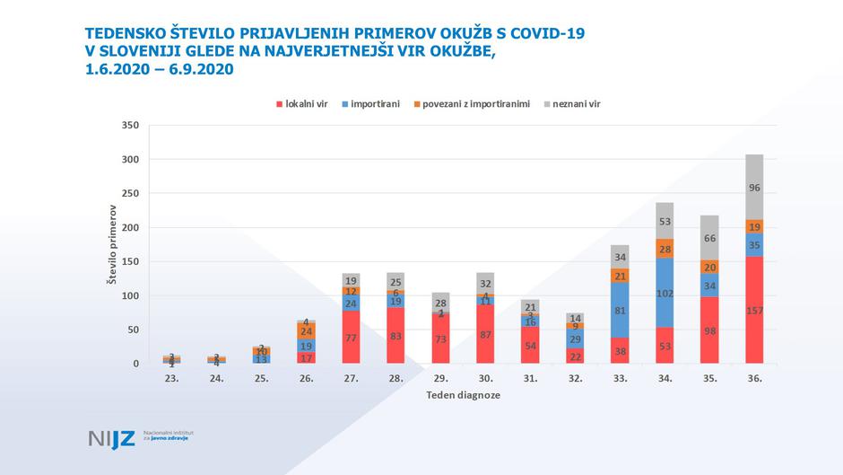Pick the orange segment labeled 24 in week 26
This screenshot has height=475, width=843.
coord(306,331)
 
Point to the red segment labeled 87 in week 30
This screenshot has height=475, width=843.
coord(484,334)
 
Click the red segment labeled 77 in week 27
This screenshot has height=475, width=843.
coord(351,338)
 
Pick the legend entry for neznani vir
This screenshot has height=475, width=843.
coord(571,104)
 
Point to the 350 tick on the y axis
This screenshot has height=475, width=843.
coord(130,125)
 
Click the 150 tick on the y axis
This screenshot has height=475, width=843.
coord(130,261)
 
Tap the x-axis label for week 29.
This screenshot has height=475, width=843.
coord(439,379)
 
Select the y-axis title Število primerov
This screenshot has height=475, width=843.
coord(111,244)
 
